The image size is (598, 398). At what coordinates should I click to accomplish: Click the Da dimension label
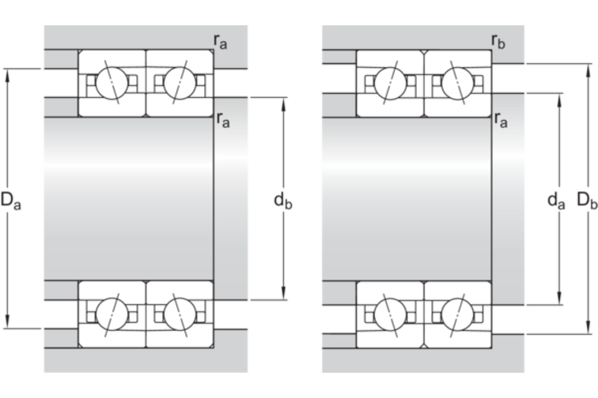[x=10, y=202]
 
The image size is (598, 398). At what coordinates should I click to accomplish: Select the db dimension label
[x=283, y=202]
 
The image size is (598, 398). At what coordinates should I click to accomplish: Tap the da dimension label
[x=556, y=202]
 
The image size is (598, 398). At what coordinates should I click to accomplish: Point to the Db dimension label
[x=587, y=202]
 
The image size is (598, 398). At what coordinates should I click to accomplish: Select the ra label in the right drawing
[x=500, y=119]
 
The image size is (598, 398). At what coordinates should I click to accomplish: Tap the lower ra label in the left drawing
[x=222, y=120]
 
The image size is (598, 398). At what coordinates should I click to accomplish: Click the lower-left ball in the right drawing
[x=391, y=315]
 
